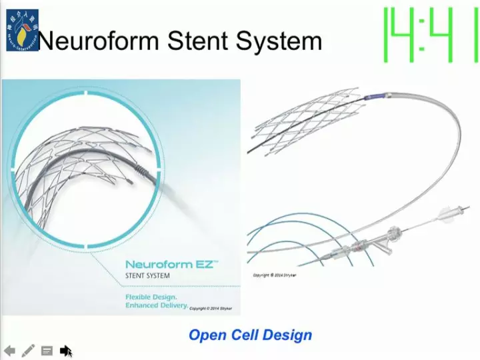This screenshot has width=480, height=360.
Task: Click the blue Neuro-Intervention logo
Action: click(x=22, y=31)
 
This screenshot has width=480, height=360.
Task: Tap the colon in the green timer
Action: click(x=423, y=34)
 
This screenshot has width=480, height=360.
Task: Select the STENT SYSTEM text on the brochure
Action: click(x=147, y=276)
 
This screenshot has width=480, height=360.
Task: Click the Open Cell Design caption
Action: click(x=250, y=335)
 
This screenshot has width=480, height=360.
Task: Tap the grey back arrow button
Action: click(x=9, y=350)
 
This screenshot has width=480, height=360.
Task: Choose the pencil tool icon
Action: click(x=28, y=350)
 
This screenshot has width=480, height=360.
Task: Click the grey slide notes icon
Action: click(x=47, y=350)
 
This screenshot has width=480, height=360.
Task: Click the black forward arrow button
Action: click(x=65, y=350)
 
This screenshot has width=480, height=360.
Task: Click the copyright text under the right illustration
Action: click(x=275, y=275)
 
